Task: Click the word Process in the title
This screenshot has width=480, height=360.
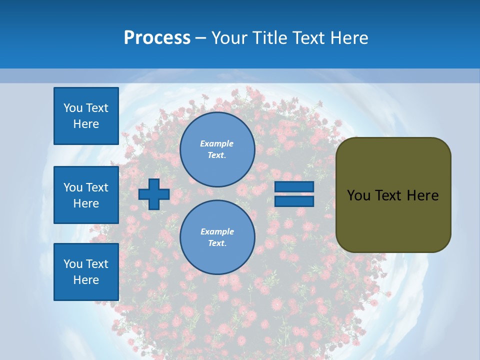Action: coord(157,38)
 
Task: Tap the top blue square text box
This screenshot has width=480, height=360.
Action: coord(86,116)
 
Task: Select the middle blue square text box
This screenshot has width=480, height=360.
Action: coord(86,195)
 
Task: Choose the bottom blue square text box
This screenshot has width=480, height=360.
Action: coord(86,272)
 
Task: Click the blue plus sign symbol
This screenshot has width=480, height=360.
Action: coord(154,194)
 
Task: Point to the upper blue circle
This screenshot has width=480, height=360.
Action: coord(217,149)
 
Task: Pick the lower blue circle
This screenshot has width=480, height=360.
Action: coord(217,237)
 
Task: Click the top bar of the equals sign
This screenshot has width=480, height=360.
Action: coord(294,187)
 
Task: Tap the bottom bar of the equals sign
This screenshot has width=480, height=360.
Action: coord(294,201)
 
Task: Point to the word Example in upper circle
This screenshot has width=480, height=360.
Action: coord(216,143)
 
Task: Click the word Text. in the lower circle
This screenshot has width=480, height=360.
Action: coord(217,243)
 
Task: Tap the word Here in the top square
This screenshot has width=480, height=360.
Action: coord(86,124)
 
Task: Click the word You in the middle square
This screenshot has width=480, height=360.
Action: coord(73,187)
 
